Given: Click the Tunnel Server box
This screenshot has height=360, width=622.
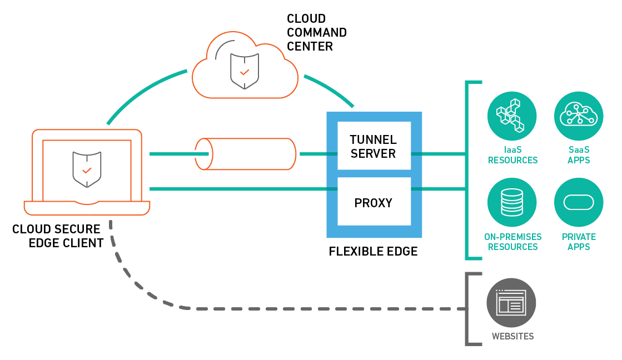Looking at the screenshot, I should [x=374, y=146].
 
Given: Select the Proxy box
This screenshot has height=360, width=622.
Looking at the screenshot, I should [x=374, y=203].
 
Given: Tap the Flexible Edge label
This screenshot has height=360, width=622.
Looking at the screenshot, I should [x=373, y=252].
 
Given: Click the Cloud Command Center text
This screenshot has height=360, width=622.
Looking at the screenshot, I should [x=316, y=33].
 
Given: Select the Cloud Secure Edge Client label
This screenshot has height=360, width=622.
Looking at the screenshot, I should [x=58, y=236].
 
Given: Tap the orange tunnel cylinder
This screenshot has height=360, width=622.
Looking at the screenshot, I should [x=245, y=154].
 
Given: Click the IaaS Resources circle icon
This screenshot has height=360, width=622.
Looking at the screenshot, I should [x=512, y=116].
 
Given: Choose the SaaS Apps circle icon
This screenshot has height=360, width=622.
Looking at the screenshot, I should [x=579, y=116].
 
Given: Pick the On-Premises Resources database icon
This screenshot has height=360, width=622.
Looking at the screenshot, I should [x=512, y=202].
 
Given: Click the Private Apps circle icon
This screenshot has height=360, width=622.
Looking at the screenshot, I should [x=579, y=202].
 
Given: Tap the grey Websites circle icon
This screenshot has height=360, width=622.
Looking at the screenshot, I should [x=511, y=303].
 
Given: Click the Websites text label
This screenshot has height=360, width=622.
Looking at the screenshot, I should [x=512, y=336].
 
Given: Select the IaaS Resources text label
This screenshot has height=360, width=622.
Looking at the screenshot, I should [x=512, y=155].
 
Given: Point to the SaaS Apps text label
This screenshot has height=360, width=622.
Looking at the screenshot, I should [x=579, y=155].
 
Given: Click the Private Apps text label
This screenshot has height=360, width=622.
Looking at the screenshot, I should [x=579, y=242].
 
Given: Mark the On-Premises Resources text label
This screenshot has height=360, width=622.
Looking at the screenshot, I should [x=512, y=242].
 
